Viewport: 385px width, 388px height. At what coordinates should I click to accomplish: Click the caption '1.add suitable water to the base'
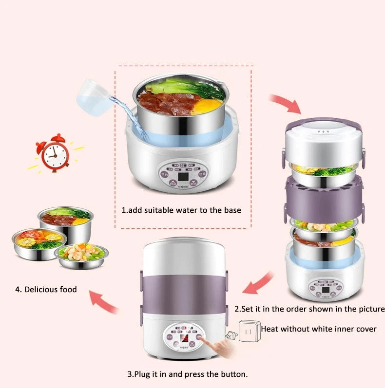point(181,210)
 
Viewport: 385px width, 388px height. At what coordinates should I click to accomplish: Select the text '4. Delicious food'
point(46,289)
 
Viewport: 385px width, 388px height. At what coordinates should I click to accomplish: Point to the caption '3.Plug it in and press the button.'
point(188,374)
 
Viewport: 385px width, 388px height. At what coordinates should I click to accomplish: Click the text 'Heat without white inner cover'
point(319,329)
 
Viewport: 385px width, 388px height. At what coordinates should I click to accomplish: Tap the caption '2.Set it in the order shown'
point(309,309)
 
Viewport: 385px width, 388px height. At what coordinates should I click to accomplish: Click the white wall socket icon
point(248,331)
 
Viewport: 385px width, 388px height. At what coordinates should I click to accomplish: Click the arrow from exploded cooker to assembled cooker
point(257,285)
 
